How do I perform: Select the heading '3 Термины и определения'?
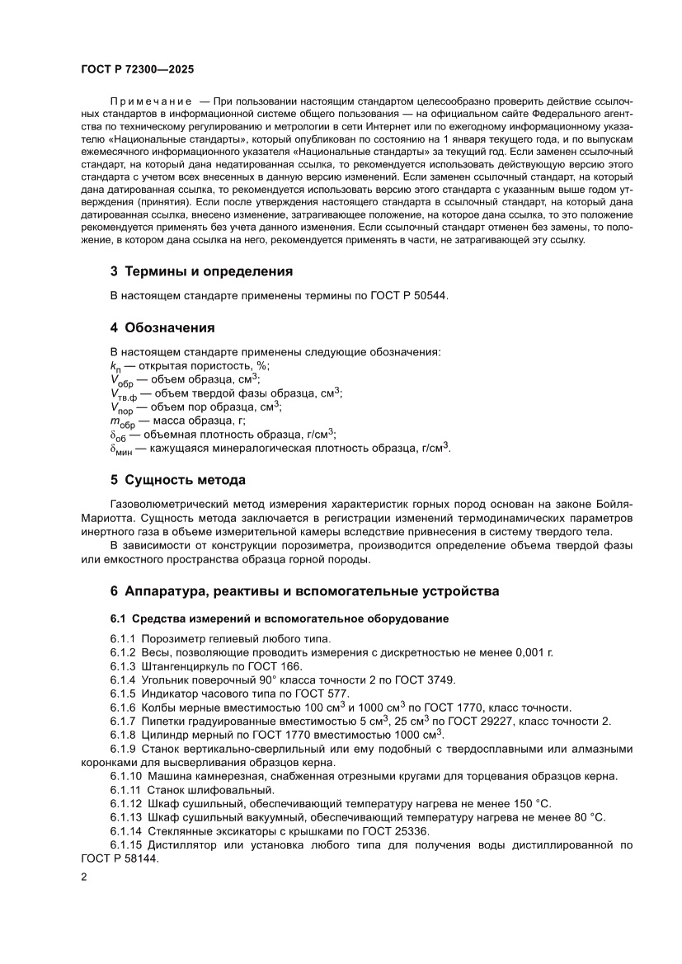201,270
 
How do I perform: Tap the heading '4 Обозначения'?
162,327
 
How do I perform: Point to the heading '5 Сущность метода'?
177,479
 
